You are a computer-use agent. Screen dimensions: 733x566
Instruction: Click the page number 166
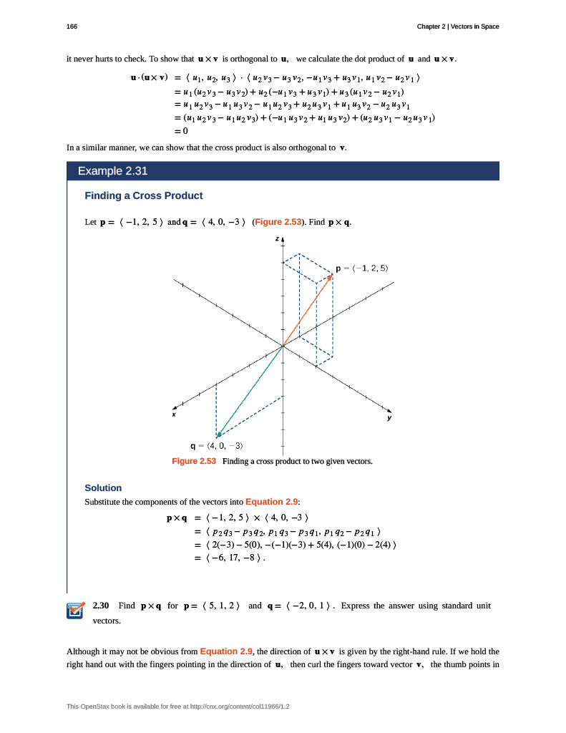[x=72, y=26]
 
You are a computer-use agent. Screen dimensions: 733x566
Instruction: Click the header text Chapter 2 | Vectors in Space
[x=458, y=26]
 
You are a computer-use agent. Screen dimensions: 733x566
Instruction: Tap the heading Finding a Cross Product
[x=143, y=195]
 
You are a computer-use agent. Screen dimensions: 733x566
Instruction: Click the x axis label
[x=173, y=414]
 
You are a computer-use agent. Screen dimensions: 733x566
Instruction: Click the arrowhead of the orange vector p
[x=331, y=275]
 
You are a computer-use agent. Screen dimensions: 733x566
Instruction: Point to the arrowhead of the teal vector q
[x=218, y=435]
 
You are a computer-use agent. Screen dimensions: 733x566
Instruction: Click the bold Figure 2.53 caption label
[x=194, y=462]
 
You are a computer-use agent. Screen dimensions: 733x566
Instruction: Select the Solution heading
[x=103, y=487]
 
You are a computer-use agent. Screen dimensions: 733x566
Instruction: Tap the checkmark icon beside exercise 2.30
[x=75, y=610]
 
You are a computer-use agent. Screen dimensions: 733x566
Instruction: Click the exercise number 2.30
[x=101, y=606]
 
